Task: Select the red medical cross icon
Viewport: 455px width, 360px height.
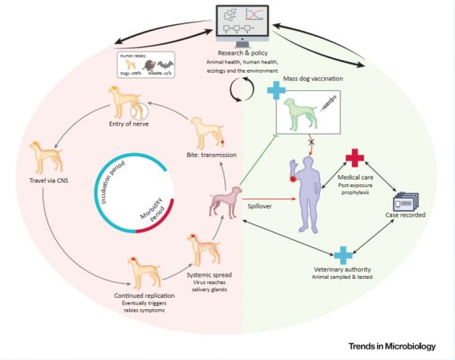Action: (353, 158)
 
